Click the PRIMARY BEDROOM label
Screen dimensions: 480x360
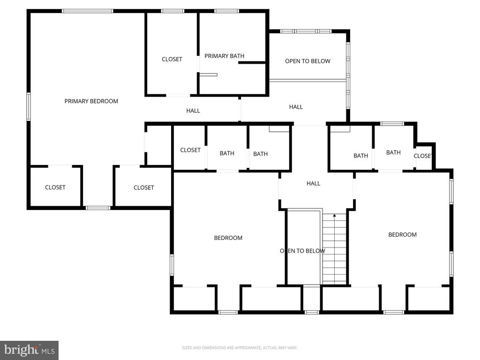tap(91, 101)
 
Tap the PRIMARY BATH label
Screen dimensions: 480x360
tap(225, 56)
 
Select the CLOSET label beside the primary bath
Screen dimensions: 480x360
tap(172, 60)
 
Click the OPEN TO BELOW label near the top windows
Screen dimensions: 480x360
tap(307, 61)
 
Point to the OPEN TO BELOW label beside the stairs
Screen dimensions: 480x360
tap(302, 251)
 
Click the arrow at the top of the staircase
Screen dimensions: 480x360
tap(335, 216)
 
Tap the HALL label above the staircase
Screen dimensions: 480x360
tap(313, 183)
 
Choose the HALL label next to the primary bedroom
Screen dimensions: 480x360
tap(193, 111)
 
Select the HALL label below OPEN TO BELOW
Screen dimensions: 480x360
tap(296, 107)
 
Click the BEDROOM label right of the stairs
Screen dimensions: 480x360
tap(402, 235)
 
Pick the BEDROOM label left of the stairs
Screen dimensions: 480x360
tap(228, 238)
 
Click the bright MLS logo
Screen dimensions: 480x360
tap(30, 350)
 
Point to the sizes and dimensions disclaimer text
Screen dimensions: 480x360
tap(240, 348)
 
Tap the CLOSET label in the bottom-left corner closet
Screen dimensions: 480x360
tap(55, 187)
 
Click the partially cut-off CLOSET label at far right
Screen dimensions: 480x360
tap(422, 156)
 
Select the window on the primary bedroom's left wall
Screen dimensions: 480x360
tap(29, 106)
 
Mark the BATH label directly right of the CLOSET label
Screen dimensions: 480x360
tap(227, 153)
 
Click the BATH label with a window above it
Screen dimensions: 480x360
tap(393, 152)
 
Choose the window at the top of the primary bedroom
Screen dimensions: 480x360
tap(88, 11)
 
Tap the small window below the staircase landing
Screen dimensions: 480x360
tap(312, 312)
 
